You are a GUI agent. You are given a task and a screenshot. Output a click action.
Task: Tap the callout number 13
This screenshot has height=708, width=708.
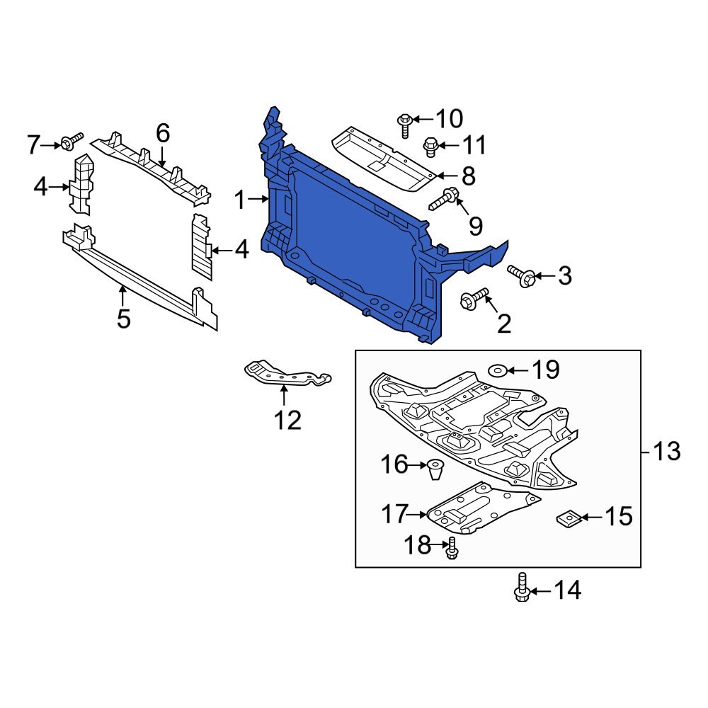pos(666,451)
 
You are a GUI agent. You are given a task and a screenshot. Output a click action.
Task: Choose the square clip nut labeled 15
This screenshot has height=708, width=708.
pos(568,519)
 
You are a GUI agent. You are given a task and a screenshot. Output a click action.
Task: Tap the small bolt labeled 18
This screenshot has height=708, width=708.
pos(452,548)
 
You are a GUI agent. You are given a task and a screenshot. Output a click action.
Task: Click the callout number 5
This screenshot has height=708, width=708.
pos(124,319)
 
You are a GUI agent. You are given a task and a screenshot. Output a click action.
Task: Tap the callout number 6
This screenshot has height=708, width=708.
pos(163,132)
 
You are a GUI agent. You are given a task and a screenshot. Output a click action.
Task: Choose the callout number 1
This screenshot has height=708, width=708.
pos(239,200)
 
